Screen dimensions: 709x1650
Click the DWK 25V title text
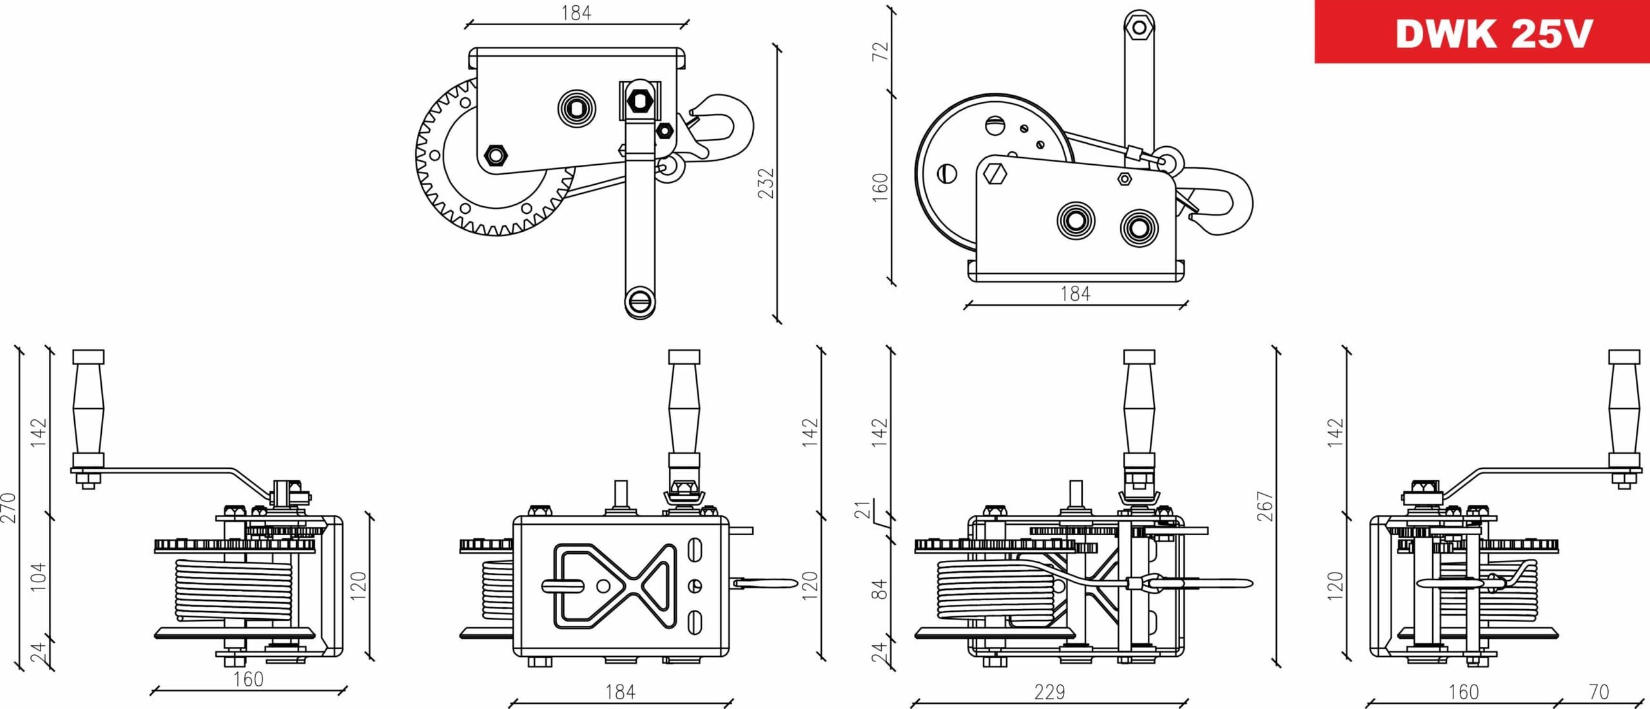1493,33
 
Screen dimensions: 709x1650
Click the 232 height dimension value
765,184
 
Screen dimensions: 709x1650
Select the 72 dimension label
880,51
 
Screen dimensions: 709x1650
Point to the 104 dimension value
39,576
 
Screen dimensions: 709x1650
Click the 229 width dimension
1049,692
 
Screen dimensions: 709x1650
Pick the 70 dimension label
1598,692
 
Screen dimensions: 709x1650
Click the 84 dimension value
880,589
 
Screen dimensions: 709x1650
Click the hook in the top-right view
1225,200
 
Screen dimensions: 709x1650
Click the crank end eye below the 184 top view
640,301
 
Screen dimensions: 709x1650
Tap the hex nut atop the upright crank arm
1139,27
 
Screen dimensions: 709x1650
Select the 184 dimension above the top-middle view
576,13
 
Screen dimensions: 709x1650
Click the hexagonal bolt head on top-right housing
996,174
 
